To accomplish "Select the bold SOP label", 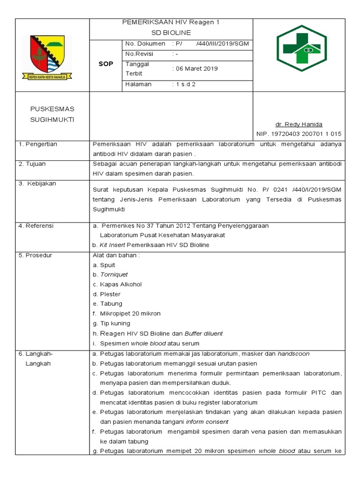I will click(x=105, y=64).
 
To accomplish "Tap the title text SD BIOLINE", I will click(x=171, y=33).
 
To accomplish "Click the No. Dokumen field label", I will click(x=145, y=44).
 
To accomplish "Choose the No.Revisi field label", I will click(x=140, y=54).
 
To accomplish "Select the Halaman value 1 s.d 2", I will click(x=184, y=84).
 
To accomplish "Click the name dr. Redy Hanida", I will click(x=299, y=124).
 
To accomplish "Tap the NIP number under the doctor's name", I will click(x=299, y=134).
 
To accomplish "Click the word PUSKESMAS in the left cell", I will click(x=52, y=109).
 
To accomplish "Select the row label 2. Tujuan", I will click(x=32, y=164).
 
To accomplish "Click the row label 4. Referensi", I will click(x=36, y=226).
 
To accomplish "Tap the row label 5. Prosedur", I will click(x=35, y=255).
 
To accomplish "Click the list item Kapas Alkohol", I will click(x=120, y=285).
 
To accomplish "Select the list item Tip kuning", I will click(x=115, y=323).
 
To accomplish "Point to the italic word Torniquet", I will click(x=114, y=275).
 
